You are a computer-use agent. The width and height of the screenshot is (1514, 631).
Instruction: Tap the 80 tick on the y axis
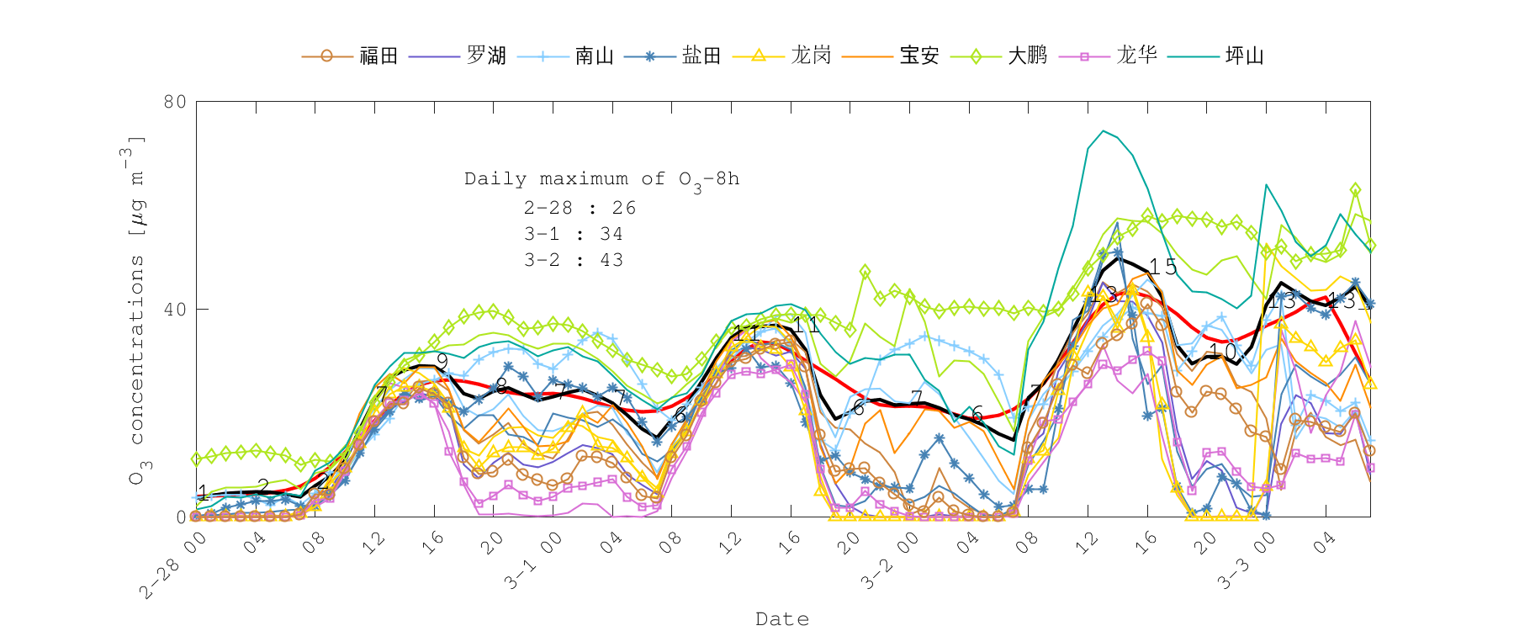coord(175,102)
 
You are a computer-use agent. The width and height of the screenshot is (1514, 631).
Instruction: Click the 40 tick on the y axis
coord(175,310)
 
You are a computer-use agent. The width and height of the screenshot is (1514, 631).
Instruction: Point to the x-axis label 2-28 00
coord(173,566)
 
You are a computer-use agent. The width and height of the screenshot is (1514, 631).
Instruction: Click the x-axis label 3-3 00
coord(1246,561)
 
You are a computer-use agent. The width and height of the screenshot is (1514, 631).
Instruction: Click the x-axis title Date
coord(782,619)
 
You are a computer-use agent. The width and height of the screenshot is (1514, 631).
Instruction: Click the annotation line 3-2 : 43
coord(574,260)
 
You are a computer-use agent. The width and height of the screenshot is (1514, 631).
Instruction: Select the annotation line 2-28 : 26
coord(580,208)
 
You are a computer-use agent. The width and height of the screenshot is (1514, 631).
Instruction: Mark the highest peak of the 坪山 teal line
coord(1104,130)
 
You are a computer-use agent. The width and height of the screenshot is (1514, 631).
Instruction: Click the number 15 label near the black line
coord(1163,268)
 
